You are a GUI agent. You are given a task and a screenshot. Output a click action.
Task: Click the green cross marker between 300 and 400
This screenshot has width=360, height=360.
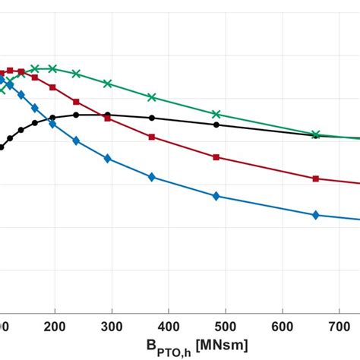click(152, 97)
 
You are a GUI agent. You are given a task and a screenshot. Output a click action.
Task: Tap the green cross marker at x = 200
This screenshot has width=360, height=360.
click(52, 68)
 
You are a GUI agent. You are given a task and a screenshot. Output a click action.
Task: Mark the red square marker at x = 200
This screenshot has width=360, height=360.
click(52, 87)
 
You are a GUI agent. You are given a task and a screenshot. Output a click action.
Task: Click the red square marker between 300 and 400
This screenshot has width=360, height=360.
click(152, 137)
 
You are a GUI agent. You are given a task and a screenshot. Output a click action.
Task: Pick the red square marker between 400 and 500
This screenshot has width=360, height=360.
click(216, 157)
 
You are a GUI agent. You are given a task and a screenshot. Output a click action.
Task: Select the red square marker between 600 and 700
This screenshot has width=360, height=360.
click(316, 179)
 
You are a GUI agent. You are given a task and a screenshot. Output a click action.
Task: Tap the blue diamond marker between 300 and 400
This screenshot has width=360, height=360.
click(152, 177)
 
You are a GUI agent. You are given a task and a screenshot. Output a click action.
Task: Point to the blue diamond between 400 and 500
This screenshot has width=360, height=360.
click(216, 196)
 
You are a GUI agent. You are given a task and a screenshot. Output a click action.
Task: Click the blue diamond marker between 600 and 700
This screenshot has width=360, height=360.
click(316, 215)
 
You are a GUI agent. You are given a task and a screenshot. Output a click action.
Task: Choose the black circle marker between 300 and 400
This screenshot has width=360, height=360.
click(152, 118)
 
